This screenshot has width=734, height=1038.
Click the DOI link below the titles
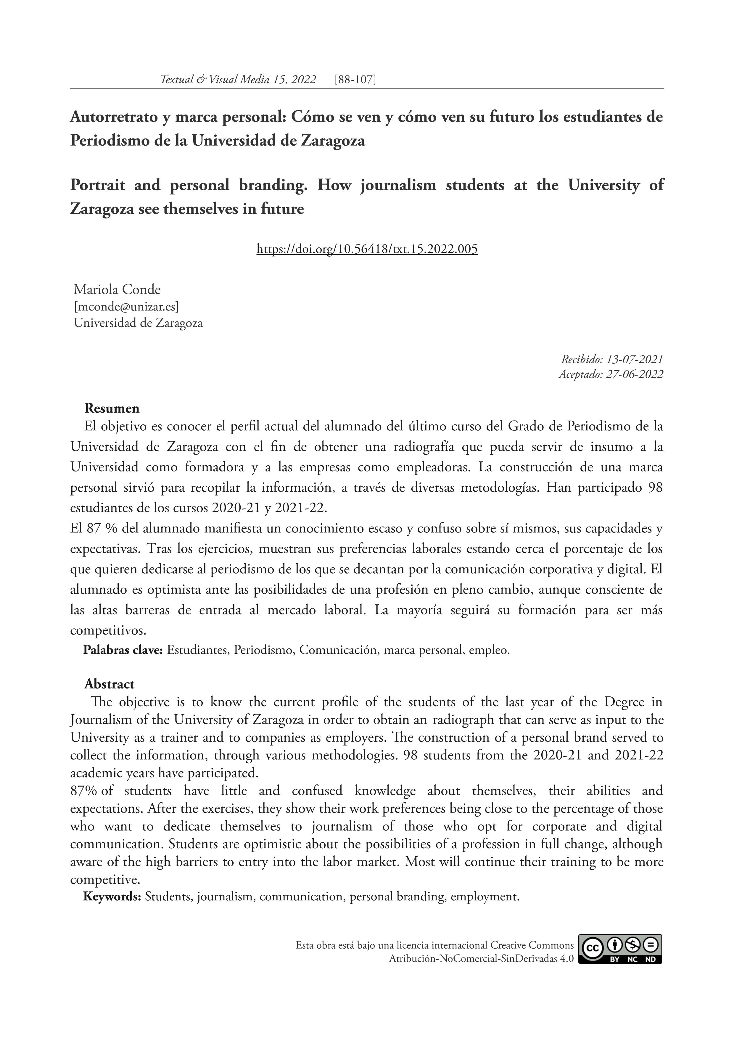[x=367, y=249]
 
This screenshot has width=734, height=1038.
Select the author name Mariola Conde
[x=117, y=289]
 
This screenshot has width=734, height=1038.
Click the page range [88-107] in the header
[x=355, y=80]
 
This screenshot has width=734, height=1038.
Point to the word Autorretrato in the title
[x=115, y=117]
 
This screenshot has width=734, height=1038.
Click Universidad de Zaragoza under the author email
[x=138, y=323]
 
